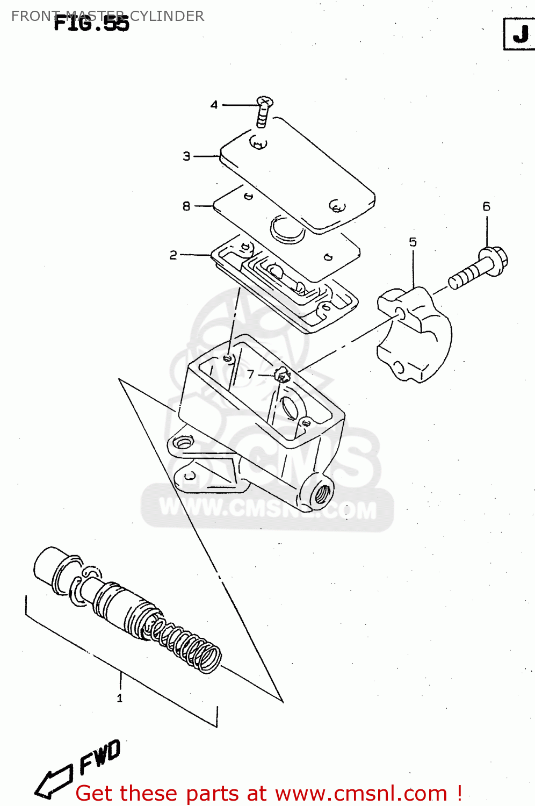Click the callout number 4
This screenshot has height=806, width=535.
pyautogui.click(x=214, y=105)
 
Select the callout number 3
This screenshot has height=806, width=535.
pyautogui.click(x=186, y=156)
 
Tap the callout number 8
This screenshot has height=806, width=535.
pyautogui.click(x=186, y=206)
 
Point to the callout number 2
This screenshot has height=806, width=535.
pyautogui.click(x=173, y=255)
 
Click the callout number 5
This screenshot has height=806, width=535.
pyautogui.click(x=413, y=242)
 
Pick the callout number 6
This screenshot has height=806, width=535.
pyautogui.click(x=486, y=206)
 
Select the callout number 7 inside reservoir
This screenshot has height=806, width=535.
pyautogui.click(x=250, y=374)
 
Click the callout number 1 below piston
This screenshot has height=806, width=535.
pyautogui.click(x=120, y=698)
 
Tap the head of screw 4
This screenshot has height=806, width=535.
pyautogui.click(x=264, y=102)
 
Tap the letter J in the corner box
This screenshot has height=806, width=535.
pyautogui.click(x=520, y=34)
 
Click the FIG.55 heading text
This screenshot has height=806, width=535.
pyautogui.click(x=91, y=24)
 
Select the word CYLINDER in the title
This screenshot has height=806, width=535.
pyautogui.click(x=167, y=16)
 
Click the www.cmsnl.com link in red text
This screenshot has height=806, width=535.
pyautogui.click(x=361, y=794)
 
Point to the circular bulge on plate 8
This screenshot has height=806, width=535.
pyautogui.click(x=287, y=229)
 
